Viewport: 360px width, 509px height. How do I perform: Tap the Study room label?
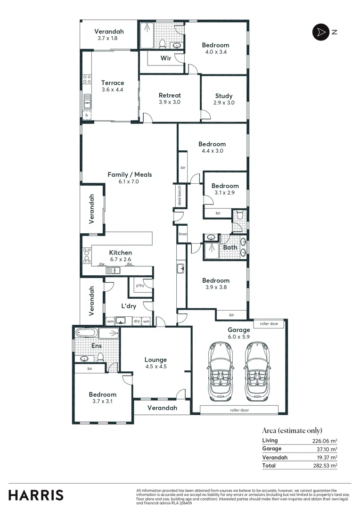point(224,96)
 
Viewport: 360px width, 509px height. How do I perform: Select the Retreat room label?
point(170,95)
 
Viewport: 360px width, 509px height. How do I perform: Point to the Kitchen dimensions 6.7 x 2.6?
point(121,260)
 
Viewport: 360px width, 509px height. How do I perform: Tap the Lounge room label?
point(155,360)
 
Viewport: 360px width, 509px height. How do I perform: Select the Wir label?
point(165,58)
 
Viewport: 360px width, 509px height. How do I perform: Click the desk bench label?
point(180,194)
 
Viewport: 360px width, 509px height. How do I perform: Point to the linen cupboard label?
point(183,234)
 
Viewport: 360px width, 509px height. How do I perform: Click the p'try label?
point(140,286)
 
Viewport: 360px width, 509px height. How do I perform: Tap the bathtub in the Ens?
point(86,333)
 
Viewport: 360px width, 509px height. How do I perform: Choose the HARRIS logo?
point(36,495)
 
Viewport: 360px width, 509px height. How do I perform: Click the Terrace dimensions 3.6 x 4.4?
point(113,90)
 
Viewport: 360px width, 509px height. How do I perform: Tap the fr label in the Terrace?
point(86,115)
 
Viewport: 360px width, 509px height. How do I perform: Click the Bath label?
point(230,247)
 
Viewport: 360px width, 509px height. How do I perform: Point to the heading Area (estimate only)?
point(292,430)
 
